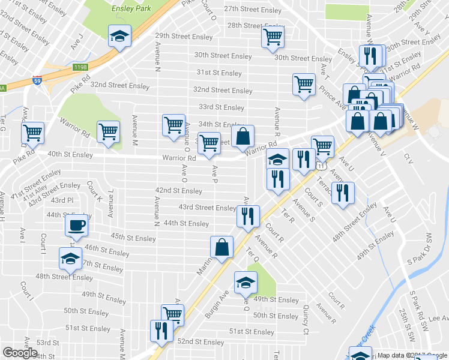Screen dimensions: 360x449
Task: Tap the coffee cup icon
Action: point(76,226)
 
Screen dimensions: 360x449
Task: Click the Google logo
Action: point(20,353)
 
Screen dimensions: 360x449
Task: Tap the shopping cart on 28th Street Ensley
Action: point(273,37)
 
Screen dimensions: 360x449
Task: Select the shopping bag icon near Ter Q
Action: point(221,246)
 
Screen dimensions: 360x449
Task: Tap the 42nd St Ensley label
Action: point(178,191)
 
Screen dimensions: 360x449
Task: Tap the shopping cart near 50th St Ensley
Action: point(172,314)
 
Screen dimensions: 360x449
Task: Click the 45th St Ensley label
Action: point(134,238)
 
